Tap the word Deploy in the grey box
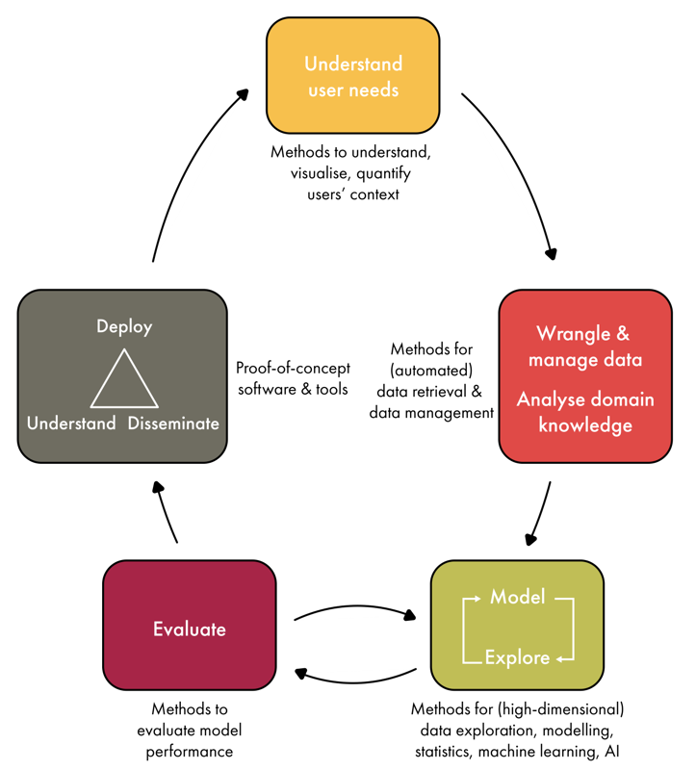point(124,327)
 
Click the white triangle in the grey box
point(124,382)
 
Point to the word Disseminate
point(173,423)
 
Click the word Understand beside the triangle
point(71,423)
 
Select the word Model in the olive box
point(517,598)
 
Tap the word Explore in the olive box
point(517,658)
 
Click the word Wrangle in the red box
point(573,334)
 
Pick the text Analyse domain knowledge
point(585,412)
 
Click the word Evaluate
point(190,629)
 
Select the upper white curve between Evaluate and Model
point(351,614)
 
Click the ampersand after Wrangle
point(622,334)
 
